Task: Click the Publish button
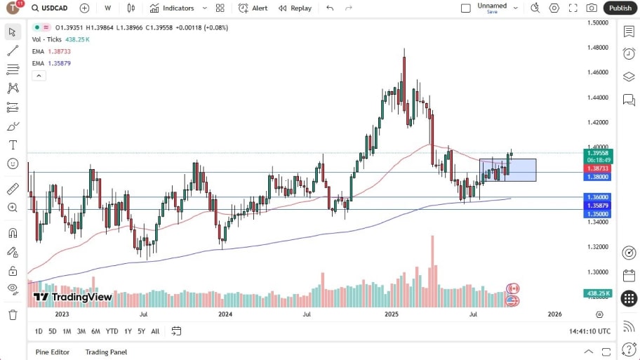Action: tap(620, 8)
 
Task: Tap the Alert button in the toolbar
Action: tap(253, 8)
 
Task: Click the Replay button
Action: tap(295, 8)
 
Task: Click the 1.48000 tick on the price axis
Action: tap(598, 48)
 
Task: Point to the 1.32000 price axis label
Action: tap(598, 247)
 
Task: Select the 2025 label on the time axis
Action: tap(392, 315)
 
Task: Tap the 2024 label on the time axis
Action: tap(225, 315)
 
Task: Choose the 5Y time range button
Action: tap(142, 331)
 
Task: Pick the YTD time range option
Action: tap(112, 331)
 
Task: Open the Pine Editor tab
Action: tap(52, 352)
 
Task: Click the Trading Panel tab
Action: tap(106, 352)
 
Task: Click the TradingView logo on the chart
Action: tap(73, 297)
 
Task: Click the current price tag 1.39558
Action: tap(598, 152)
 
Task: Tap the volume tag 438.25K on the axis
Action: tap(597, 293)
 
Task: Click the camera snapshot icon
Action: tap(592, 8)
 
